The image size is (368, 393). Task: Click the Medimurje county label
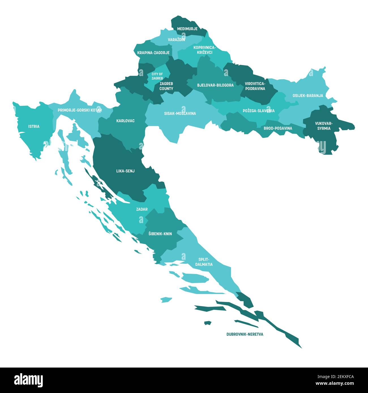pos(187,29)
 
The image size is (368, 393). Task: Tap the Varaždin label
pos(176,40)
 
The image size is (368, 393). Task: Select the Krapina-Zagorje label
pos(153,53)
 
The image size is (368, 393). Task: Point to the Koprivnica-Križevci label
pos(204,50)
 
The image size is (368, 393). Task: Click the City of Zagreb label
pos(157,76)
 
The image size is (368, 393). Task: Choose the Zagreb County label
pos(166,86)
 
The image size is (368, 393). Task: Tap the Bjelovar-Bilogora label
pos(215,85)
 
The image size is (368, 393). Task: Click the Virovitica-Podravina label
pos(255,86)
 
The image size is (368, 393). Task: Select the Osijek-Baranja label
pos(308,96)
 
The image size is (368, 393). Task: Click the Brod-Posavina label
pos(278,128)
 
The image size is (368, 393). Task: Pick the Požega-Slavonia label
pos(258,111)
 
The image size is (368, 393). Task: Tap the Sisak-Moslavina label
pos(180,113)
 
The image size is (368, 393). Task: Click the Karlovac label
pos(125,121)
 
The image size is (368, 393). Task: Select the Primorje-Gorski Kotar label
pos(80,110)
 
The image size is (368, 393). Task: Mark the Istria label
pos(34,126)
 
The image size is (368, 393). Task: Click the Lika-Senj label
pos(125,171)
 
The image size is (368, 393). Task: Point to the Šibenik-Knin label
pos(160,234)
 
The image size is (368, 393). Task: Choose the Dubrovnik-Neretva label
pos(245,334)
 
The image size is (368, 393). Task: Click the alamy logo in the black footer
pos(29,380)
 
